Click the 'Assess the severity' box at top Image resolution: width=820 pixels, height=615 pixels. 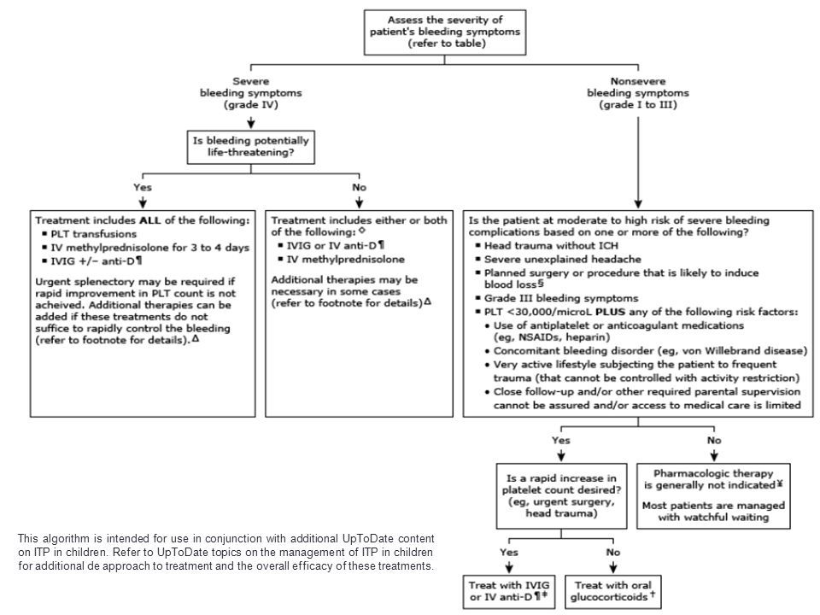(x=444, y=32)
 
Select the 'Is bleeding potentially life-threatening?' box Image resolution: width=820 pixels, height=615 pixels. (x=251, y=147)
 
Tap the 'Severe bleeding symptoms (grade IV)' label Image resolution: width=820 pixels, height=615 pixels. (x=251, y=93)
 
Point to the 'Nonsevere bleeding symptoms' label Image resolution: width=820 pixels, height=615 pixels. (x=638, y=93)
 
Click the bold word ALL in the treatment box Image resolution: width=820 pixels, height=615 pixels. (x=150, y=220)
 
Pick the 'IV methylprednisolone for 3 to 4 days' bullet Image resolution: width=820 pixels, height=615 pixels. (x=146, y=248)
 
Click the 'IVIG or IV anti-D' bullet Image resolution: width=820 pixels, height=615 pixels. (x=331, y=245)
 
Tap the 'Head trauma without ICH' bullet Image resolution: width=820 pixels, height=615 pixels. (x=547, y=245)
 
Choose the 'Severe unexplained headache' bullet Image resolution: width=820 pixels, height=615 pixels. (x=559, y=259)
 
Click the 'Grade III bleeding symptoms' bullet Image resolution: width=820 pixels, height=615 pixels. (x=557, y=298)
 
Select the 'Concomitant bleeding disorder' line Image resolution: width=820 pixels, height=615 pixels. (x=647, y=350)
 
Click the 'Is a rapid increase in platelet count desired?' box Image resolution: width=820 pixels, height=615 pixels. (x=561, y=495)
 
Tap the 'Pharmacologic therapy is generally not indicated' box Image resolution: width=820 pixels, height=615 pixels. (x=713, y=495)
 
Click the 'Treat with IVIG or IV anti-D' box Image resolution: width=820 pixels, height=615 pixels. (x=509, y=592)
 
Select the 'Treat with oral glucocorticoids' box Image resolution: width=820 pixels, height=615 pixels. (x=613, y=592)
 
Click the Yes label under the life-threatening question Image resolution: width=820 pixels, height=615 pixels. (x=143, y=187)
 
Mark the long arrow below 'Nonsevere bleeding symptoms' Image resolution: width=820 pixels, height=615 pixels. (x=638, y=162)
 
